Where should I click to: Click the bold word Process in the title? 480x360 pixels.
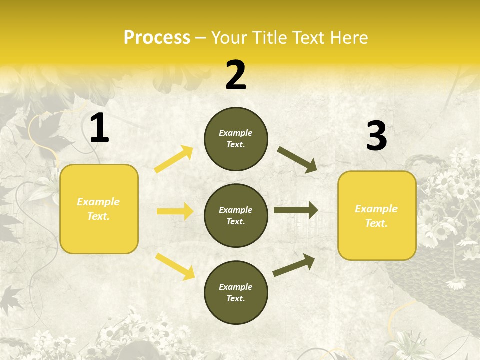[157, 38]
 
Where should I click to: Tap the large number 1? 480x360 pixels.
[99, 128]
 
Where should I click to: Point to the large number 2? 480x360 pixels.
[236, 75]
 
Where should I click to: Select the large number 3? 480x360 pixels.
[377, 136]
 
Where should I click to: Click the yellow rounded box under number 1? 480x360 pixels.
[99, 209]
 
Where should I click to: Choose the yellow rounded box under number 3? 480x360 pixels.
[377, 215]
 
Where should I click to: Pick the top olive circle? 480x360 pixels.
[236, 139]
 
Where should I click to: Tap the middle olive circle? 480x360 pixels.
[236, 215]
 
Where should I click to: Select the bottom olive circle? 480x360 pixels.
[236, 292]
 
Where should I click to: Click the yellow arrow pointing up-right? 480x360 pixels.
[173, 159]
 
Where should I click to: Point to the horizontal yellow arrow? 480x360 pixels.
[175, 211]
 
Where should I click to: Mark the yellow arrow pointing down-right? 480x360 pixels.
[175, 266]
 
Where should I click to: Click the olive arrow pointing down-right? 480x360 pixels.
[297, 159]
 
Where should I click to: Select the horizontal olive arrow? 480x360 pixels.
[295, 210]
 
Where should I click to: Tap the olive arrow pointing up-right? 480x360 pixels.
[294, 265]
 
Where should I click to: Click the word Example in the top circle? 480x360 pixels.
[236, 133]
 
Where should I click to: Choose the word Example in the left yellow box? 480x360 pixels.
[98, 202]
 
